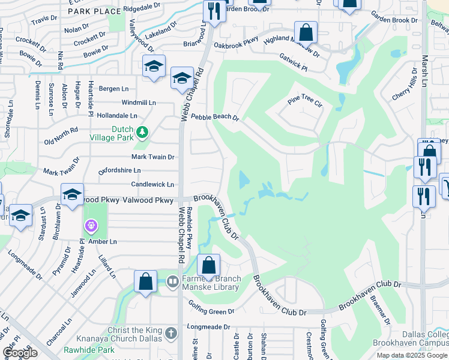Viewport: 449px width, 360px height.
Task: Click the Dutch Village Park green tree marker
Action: [x=142, y=131]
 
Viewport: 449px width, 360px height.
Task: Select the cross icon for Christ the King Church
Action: [x=171, y=334]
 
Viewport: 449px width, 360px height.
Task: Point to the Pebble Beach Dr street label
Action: [x=214, y=118]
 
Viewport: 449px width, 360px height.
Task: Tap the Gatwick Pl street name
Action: [x=293, y=63]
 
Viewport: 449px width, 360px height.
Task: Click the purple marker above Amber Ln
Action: [x=91, y=226]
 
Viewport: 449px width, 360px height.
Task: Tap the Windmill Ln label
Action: [x=138, y=103]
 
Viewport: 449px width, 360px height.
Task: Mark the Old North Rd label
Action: [x=61, y=136]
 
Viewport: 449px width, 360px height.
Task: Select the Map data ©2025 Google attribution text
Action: [x=411, y=355]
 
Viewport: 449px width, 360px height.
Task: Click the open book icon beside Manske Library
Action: [x=172, y=281]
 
